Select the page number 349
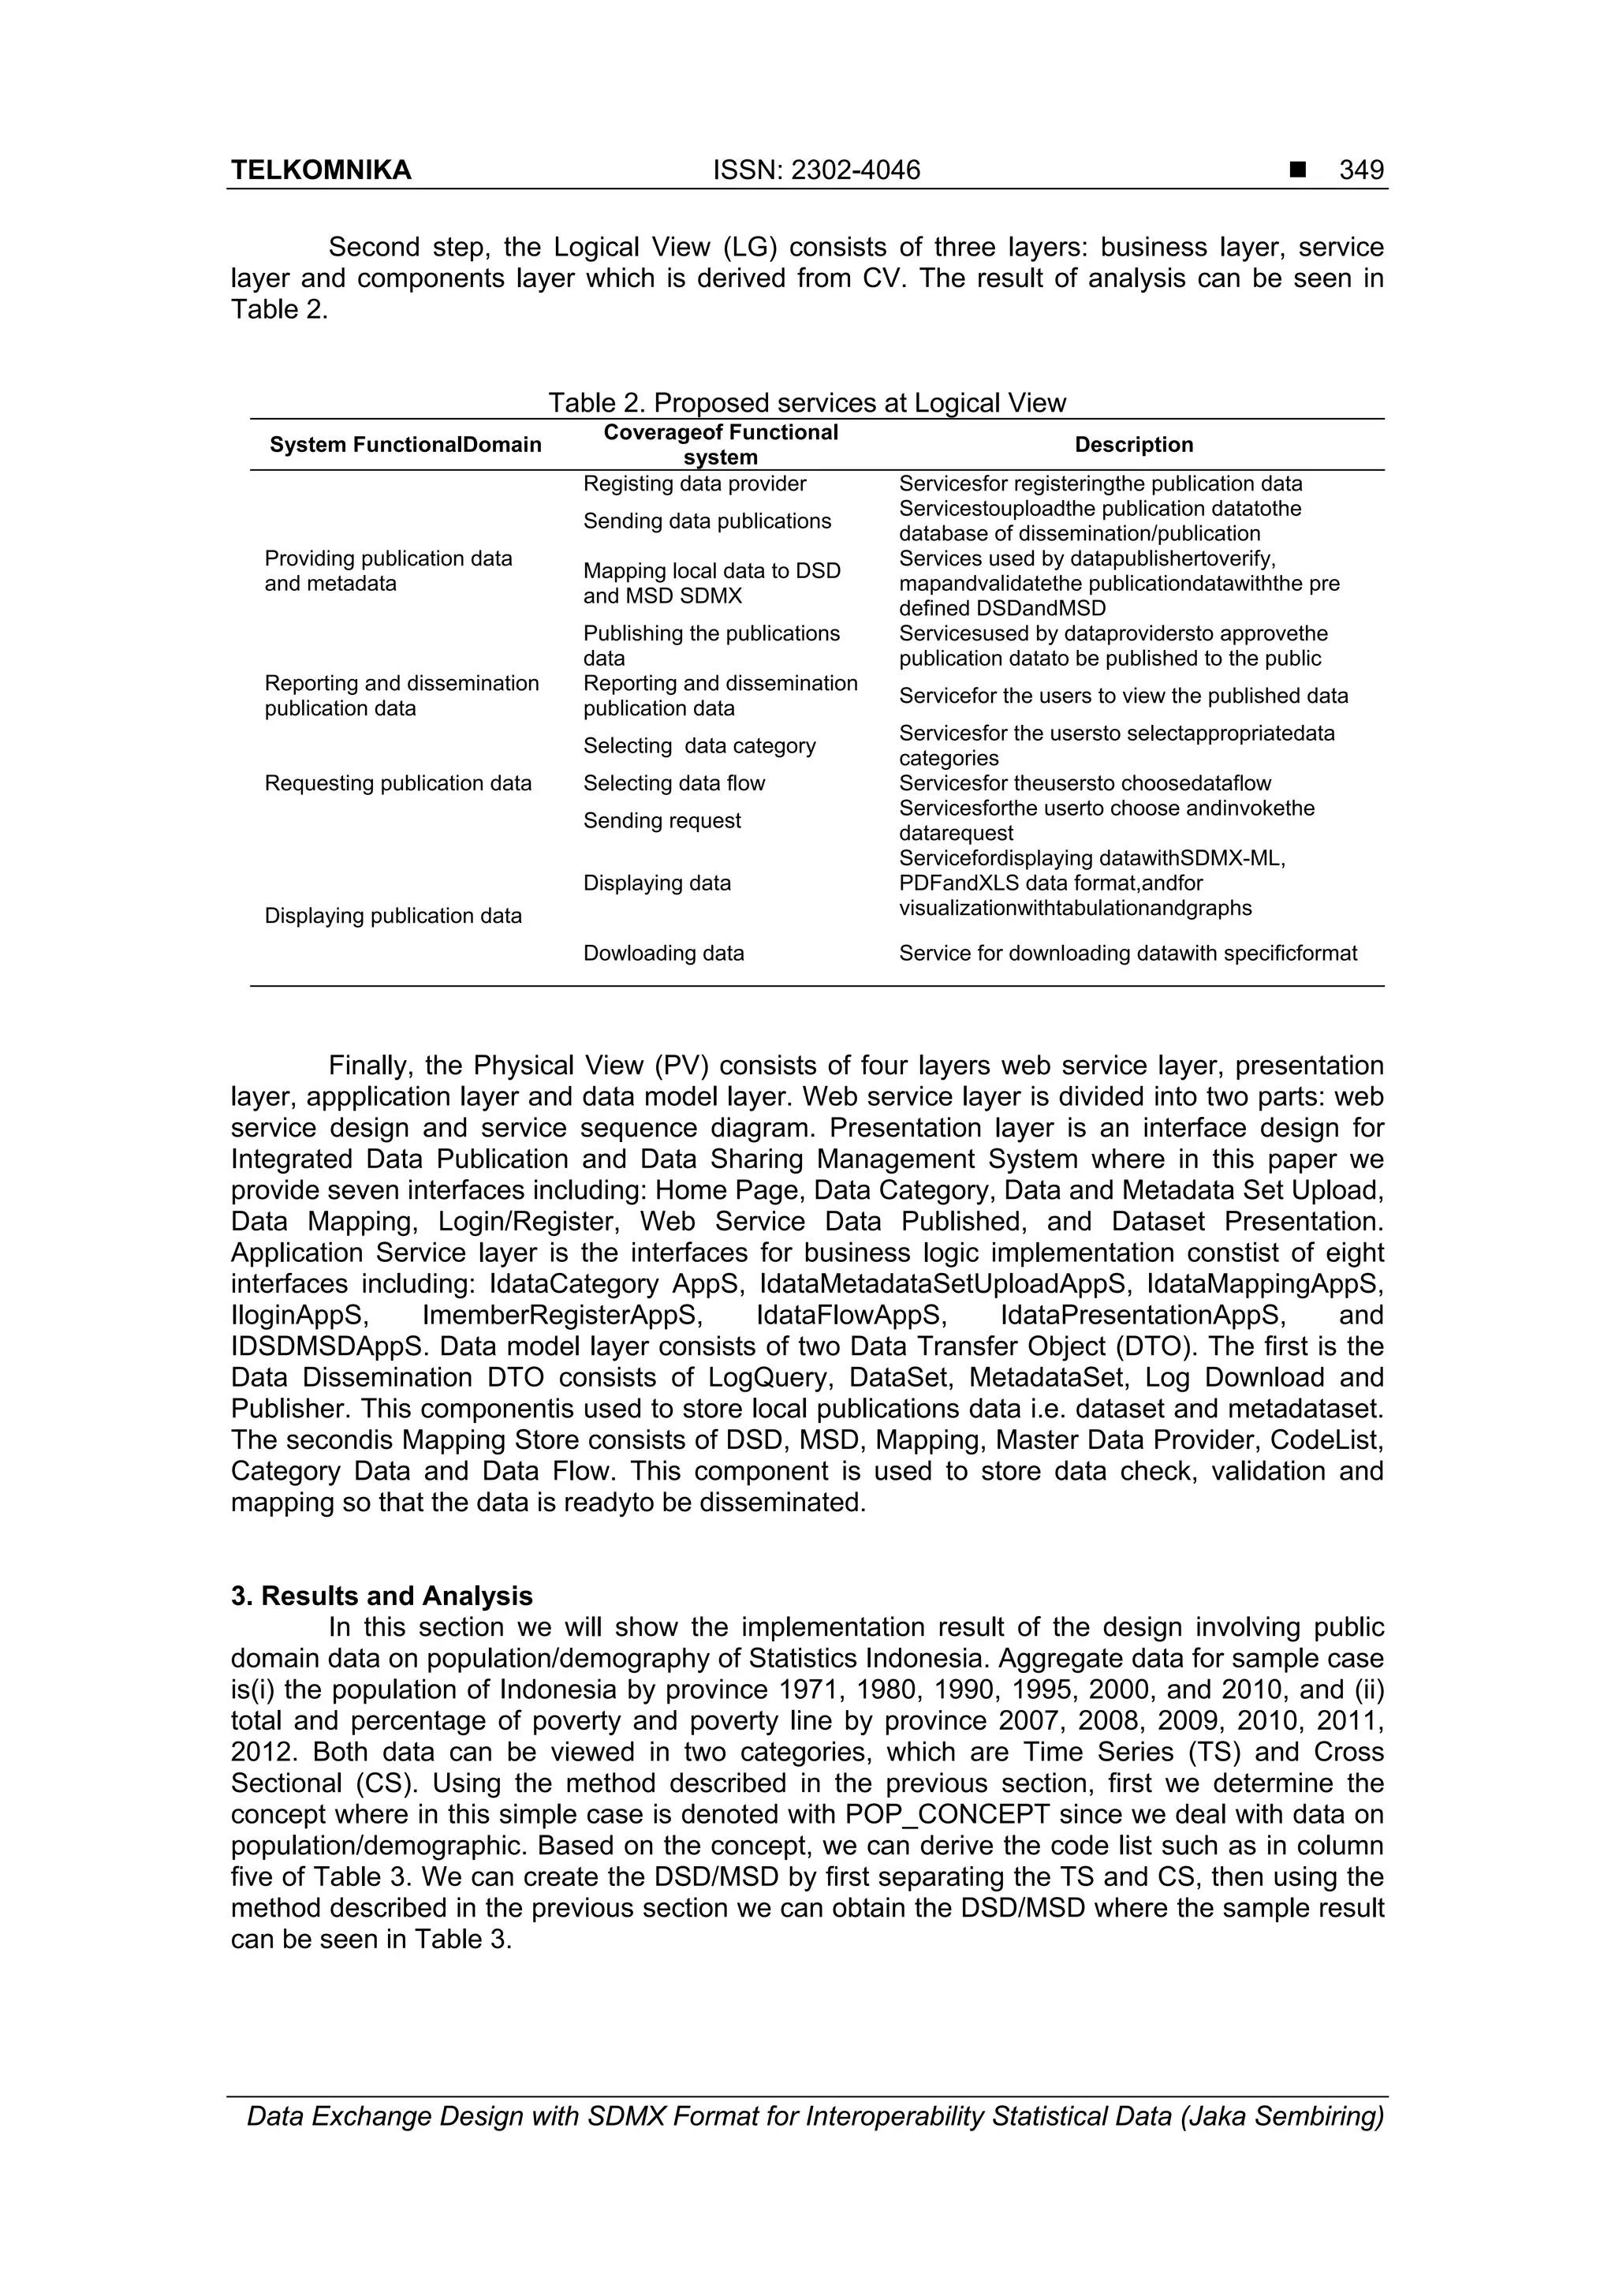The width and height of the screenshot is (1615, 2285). click(x=1360, y=170)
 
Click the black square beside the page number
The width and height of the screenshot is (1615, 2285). click(x=1296, y=171)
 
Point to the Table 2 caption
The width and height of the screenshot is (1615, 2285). click(x=806, y=403)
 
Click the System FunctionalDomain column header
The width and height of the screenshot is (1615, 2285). click(x=405, y=445)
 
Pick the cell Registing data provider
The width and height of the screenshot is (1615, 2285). click(x=694, y=484)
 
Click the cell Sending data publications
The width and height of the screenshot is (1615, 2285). click(x=707, y=521)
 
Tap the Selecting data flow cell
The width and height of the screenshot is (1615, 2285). click(x=673, y=783)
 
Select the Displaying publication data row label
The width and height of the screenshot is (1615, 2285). click(x=392, y=916)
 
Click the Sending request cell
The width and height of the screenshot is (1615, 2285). click(x=662, y=821)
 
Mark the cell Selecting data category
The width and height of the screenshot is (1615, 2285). click(x=699, y=746)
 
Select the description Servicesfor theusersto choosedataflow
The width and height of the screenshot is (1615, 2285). click(x=1084, y=783)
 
